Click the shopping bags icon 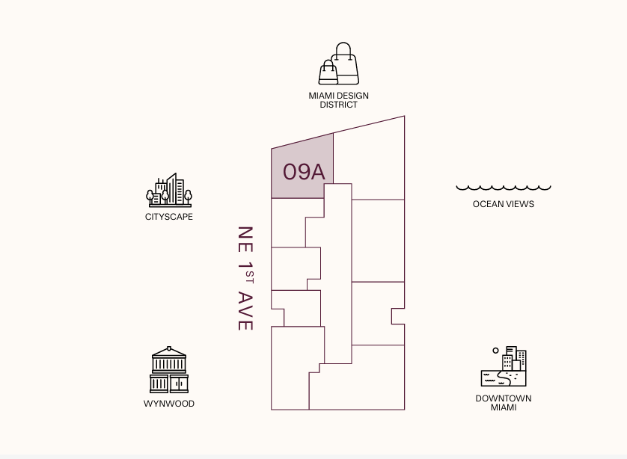click(339, 64)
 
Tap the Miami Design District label click(339, 100)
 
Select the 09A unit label click(304, 172)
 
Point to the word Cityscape click(169, 217)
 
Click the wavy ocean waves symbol click(504, 188)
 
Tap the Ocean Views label click(504, 204)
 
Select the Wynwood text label click(169, 404)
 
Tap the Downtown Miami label click(504, 403)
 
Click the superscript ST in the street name click(250, 278)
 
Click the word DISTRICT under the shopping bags click(339, 105)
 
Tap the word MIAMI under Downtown click(504, 407)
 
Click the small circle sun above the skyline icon click(495, 350)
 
